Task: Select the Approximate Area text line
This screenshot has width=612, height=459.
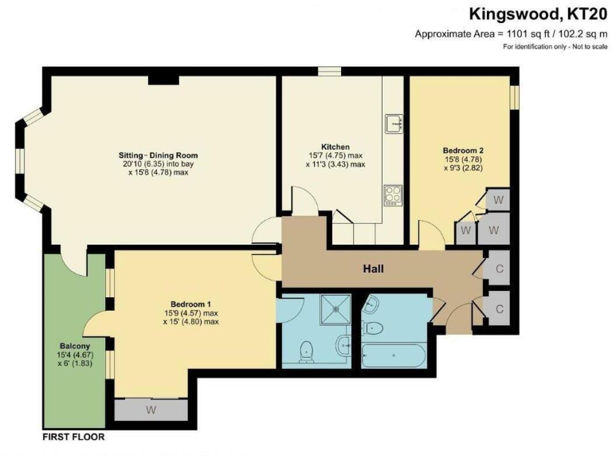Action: (x=511, y=33)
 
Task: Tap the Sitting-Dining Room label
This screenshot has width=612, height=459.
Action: (x=154, y=155)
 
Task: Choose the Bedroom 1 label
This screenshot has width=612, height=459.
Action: (x=190, y=304)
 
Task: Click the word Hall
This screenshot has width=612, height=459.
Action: (x=373, y=269)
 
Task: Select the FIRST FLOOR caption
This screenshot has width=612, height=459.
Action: (x=73, y=437)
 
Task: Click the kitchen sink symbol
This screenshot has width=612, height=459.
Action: (x=393, y=124)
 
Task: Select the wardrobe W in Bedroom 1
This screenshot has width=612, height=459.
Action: (x=151, y=410)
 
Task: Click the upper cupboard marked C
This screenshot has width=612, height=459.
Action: (x=499, y=269)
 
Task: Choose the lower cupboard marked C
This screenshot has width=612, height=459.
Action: (x=499, y=308)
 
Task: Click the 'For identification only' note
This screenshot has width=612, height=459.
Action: (x=555, y=47)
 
